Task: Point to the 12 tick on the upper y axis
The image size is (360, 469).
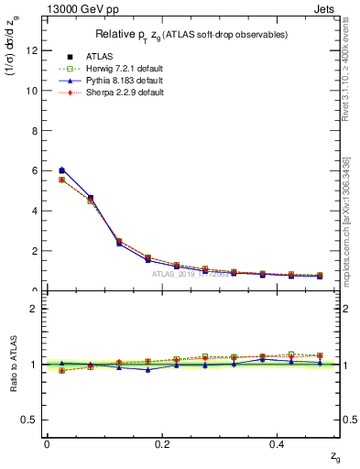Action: tap(30, 51)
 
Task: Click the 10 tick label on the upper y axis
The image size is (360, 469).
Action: tap(30, 91)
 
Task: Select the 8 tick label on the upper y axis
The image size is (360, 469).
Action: tap(33, 131)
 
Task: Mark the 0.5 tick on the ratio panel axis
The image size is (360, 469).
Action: tap(29, 420)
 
